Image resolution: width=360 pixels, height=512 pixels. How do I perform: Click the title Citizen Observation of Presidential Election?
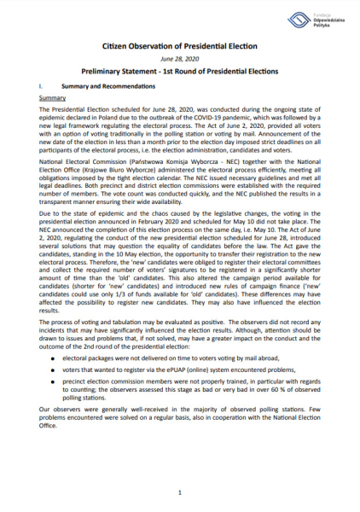pyautogui.click(x=179, y=52)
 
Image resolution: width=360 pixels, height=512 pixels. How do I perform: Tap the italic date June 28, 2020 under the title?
pyautogui.click(x=179, y=64)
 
